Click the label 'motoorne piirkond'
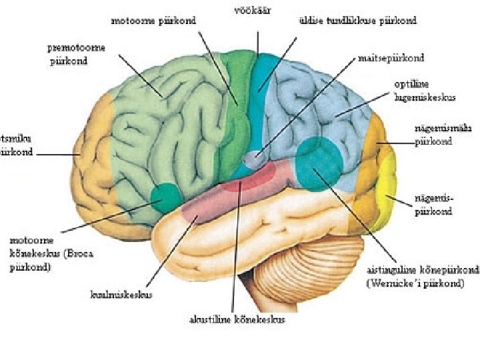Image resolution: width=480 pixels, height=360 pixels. (x=153, y=21)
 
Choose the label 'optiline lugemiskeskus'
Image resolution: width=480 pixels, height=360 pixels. (x=425, y=92)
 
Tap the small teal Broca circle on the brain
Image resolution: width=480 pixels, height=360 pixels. (x=166, y=197)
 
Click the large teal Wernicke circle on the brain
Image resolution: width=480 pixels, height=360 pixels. (x=319, y=162)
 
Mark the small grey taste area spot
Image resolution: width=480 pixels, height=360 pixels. (x=252, y=159)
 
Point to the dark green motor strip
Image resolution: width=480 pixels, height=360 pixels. (x=237, y=107)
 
